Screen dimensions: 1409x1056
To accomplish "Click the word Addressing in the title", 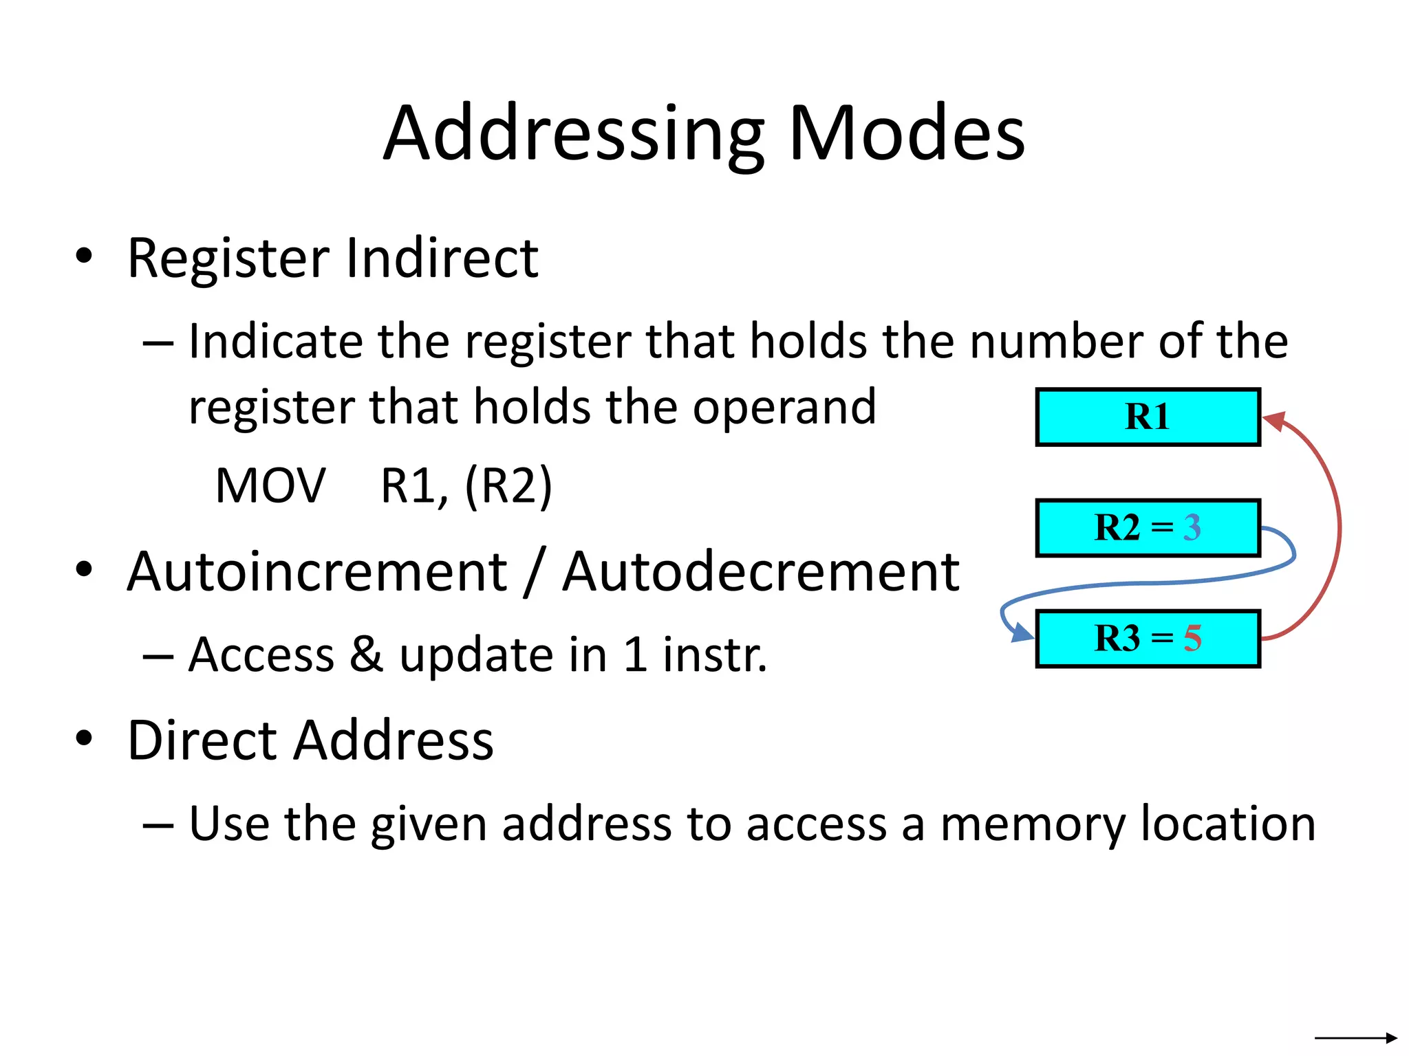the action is point(574,133).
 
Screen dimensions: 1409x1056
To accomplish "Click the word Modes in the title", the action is point(907,133).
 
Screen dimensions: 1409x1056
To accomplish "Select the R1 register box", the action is point(1148,417).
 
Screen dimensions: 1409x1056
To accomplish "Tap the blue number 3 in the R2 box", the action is point(1192,528).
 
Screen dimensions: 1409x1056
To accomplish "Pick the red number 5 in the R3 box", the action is point(1192,639).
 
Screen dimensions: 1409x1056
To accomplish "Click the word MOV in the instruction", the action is point(270,486).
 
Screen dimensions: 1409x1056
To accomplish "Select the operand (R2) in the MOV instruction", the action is point(508,486).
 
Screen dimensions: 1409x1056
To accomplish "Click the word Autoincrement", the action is point(317,572).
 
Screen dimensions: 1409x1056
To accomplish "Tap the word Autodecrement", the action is point(760,572).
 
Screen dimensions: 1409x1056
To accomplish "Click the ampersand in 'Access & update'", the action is point(366,654).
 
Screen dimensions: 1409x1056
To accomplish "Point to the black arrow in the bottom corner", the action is point(1355,1038).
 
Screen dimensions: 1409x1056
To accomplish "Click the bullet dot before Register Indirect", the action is point(84,256).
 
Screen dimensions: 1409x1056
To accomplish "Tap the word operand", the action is point(784,407).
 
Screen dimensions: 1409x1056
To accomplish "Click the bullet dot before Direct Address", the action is point(84,738).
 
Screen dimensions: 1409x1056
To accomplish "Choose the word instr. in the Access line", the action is point(715,654).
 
